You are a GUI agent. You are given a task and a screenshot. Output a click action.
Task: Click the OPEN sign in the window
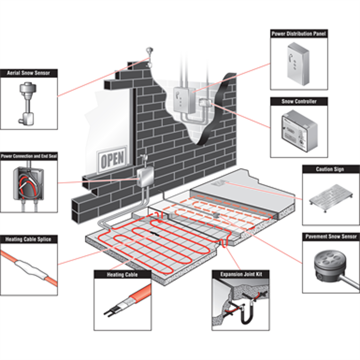[x=112, y=158]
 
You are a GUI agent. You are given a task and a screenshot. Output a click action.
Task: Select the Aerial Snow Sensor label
[x=28, y=73]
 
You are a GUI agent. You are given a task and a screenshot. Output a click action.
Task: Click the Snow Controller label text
[x=298, y=101]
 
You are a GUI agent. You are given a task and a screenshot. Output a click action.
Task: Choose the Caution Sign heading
[x=331, y=169]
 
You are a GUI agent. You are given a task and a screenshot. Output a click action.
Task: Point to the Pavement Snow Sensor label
[x=331, y=236]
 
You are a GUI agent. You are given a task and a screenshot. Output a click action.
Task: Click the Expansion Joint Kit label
[x=241, y=274]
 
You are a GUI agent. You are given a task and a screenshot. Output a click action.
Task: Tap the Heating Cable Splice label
[x=28, y=239]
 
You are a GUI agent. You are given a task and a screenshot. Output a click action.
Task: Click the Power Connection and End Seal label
[x=29, y=156]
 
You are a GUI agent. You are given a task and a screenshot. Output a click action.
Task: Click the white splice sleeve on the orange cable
[x=28, y=267]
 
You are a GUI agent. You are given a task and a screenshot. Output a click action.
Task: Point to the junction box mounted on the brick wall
[x=144, y=177]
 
